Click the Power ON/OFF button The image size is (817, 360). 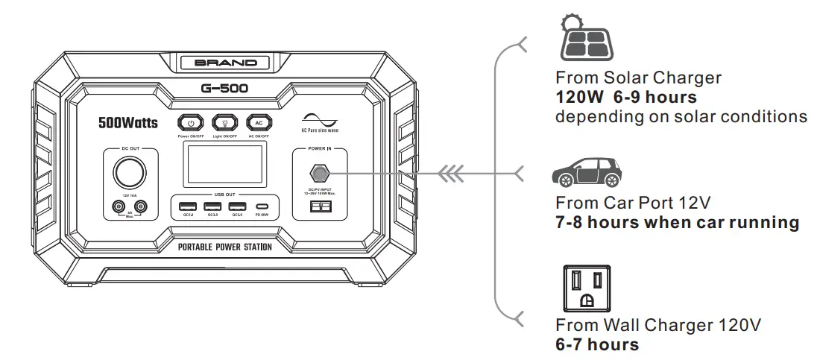pos(191,124)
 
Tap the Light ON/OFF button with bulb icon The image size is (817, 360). pos(224,124)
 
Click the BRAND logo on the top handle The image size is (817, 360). pos(225,63)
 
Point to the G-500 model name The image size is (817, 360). pos(224,89)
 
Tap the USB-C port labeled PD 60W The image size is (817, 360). pos(262,206)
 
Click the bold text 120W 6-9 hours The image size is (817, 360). pos(626,98)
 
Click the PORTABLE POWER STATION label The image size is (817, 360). pos(224,247)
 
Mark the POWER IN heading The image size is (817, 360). pos(319,148)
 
